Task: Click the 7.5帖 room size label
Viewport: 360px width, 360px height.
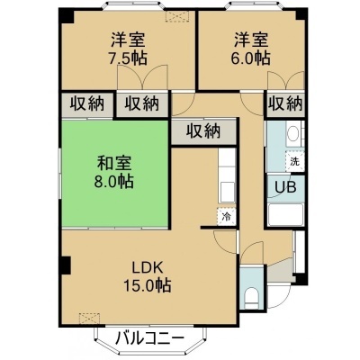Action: (x=128, y=58)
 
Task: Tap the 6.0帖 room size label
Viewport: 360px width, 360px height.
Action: (x=251, y=58)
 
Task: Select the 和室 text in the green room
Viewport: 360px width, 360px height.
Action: (x=114, y=164)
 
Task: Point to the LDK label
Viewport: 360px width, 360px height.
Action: (x=148, y=267)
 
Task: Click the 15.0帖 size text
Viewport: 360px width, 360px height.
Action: (x=148, y=285)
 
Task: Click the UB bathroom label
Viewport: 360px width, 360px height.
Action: (x=286, y=187)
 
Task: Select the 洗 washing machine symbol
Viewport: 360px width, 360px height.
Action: (x=294, y=162)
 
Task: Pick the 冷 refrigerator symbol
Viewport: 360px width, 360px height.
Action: (x=227, y=216)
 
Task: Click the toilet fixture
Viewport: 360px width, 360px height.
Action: (x=251, y=299)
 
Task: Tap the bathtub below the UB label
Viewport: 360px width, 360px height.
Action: (x=285, y=214)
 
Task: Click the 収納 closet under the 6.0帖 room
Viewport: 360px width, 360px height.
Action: (x=285, y=103)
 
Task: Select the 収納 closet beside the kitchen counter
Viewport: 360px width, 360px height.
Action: (x=204, y=131)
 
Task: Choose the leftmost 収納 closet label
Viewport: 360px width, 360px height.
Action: (x=87, y=103)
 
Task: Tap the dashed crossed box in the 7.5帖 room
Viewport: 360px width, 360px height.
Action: (x=177, y=16)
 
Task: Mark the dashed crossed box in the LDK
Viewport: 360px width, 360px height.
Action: (x=90, y=319)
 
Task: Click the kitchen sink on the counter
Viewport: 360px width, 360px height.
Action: (x=227, y=193)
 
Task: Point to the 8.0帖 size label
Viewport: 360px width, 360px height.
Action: (x=114, y=181)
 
